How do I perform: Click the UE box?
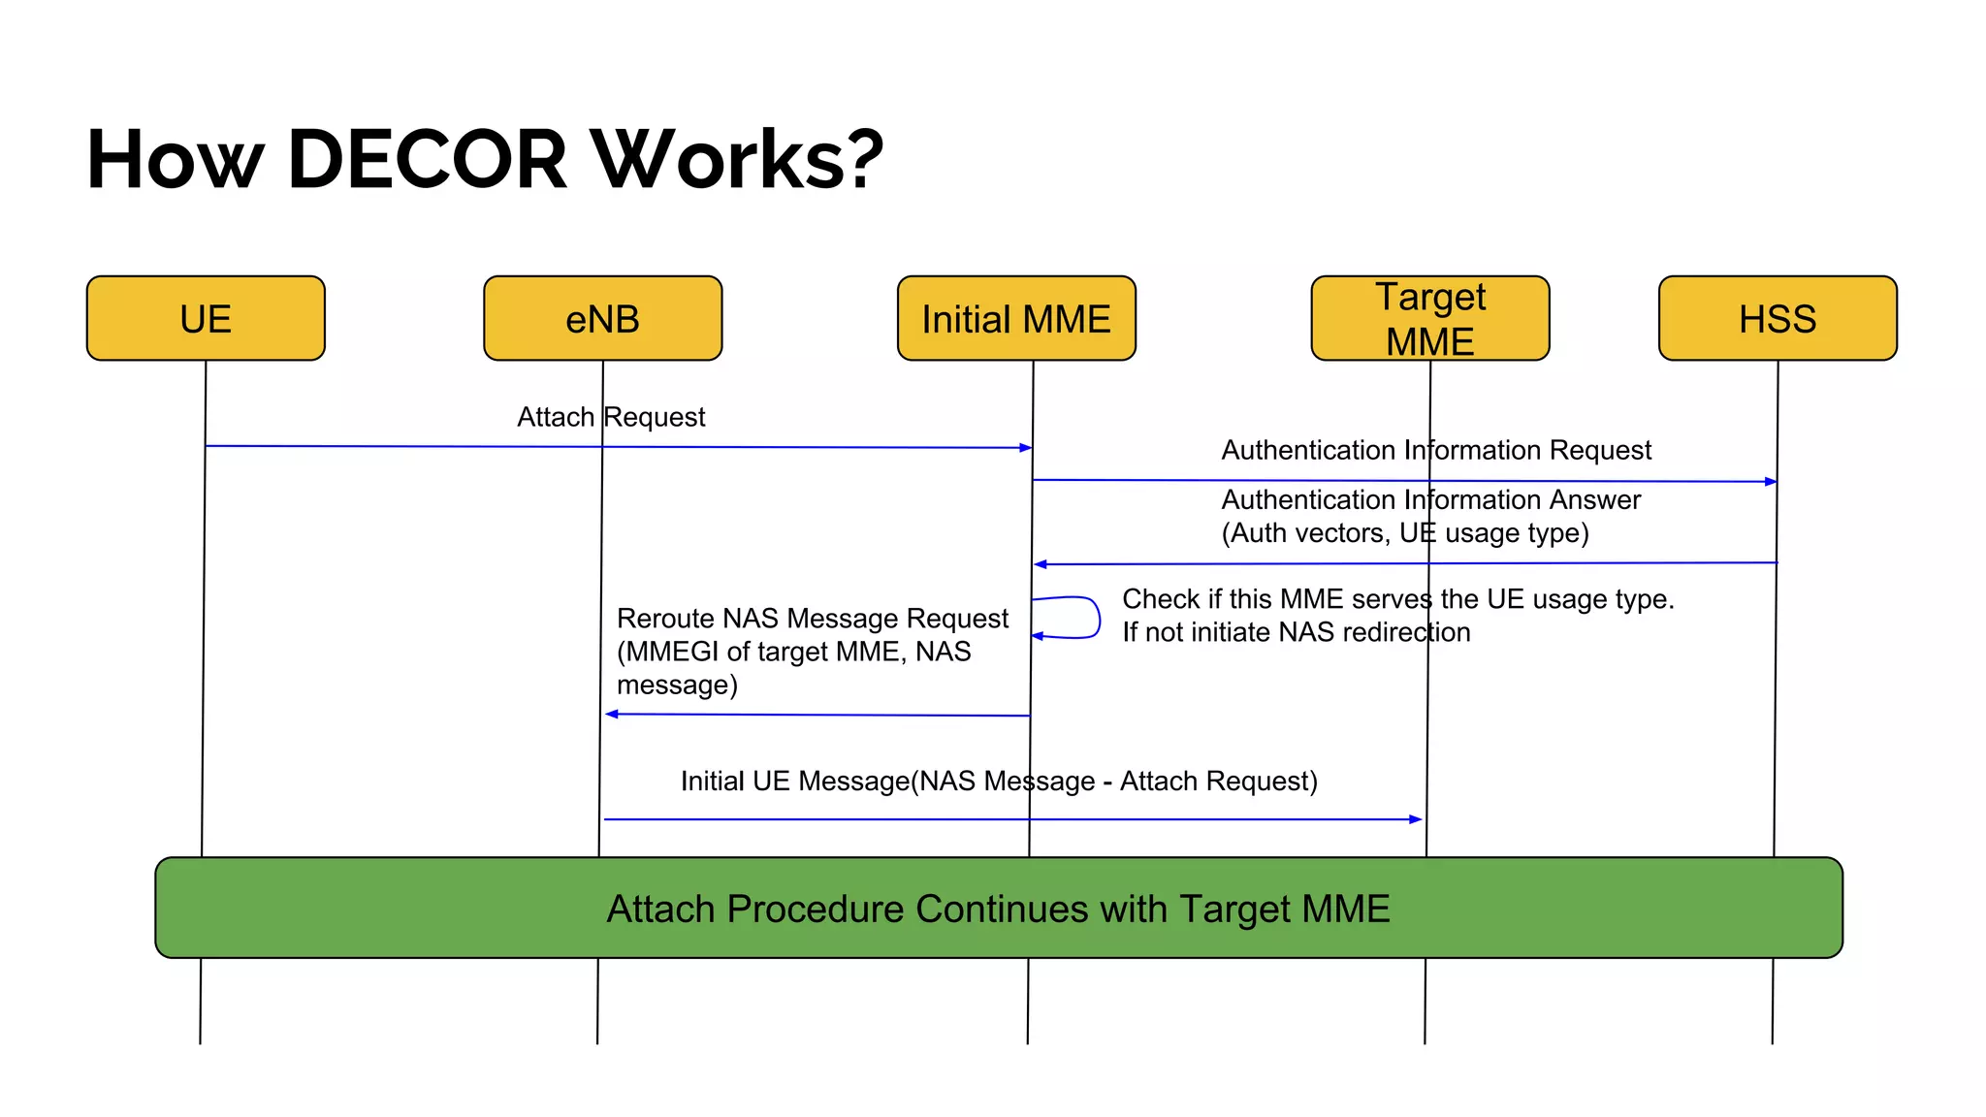206,318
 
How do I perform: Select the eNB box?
602,318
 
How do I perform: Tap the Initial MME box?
1015,318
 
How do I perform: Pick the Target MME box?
1429,318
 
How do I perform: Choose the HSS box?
1777,318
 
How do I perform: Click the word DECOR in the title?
427,159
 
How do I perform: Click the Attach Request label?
611,417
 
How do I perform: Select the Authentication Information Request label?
1435,450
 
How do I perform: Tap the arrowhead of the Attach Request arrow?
1026,448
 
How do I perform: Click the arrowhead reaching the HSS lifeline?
1771,481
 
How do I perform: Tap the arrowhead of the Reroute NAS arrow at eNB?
611,715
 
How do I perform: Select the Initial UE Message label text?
999,782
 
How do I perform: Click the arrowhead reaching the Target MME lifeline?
1416,819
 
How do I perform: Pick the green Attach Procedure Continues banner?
999,908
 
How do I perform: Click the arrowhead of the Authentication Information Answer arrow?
1040,564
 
